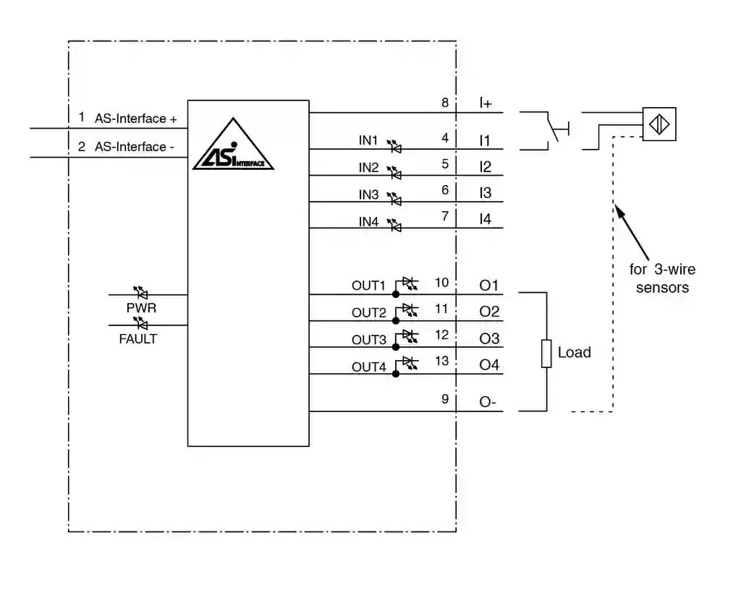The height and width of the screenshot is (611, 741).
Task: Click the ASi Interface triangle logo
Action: (x=233, y=146)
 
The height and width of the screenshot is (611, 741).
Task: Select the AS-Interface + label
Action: (x=136, y=119)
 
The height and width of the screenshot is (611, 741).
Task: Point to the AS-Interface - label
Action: (x=135, y=147)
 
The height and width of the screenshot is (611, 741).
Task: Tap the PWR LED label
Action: (x=141, y=308)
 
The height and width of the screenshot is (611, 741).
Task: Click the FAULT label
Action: (x=137, y=338)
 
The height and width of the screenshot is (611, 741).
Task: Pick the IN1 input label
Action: (x=369, y=140)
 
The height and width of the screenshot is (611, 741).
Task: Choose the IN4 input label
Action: (x=369, y=222)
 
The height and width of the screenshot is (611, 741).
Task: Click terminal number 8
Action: (x=445, y=103)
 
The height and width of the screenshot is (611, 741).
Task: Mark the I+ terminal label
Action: (x=486, y=103)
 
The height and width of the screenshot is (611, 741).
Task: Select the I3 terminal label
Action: (x=485, y=193)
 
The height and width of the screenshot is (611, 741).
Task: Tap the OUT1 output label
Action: (x=369, y=286)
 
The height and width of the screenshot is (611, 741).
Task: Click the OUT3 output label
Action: (x=369, y=340)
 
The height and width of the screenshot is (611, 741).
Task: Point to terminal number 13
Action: (x=441, y=362)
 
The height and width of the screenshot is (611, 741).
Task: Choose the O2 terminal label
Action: (x=489, y=312)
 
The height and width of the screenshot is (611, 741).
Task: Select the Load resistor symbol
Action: (x=546, y=353)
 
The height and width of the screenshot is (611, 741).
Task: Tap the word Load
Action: (x=574, y=353)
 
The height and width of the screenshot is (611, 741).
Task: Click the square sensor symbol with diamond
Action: (x=659, y=124)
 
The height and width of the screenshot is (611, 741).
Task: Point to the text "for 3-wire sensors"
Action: (x=662, y=278)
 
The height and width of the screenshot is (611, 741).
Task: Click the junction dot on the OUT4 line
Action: (x=395, y=374)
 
